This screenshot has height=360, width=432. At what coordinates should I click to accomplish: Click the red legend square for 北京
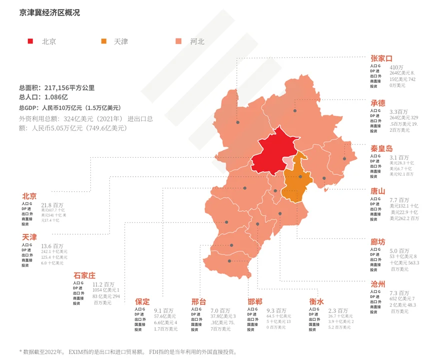coord(31,41)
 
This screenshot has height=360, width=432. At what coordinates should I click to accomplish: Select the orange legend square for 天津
coord(104,41)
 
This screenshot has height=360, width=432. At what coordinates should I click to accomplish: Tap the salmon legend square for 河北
coord(178,41)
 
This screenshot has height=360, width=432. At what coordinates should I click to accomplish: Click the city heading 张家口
coord(381,59)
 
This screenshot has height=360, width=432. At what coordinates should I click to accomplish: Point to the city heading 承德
coord(378,103)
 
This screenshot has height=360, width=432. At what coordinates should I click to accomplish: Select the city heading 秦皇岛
coord(381,148)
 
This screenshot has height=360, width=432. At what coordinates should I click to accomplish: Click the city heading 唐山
coord(378,191)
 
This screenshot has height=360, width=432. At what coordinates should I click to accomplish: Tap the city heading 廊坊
coord(378,242)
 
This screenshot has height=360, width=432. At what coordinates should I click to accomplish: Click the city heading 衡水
coord(316,302)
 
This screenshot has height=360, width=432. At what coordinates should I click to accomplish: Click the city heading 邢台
coord(198,302)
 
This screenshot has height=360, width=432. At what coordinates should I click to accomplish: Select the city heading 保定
coord(142,302)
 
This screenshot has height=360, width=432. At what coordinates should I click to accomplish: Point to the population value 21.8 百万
coord(52,205)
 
